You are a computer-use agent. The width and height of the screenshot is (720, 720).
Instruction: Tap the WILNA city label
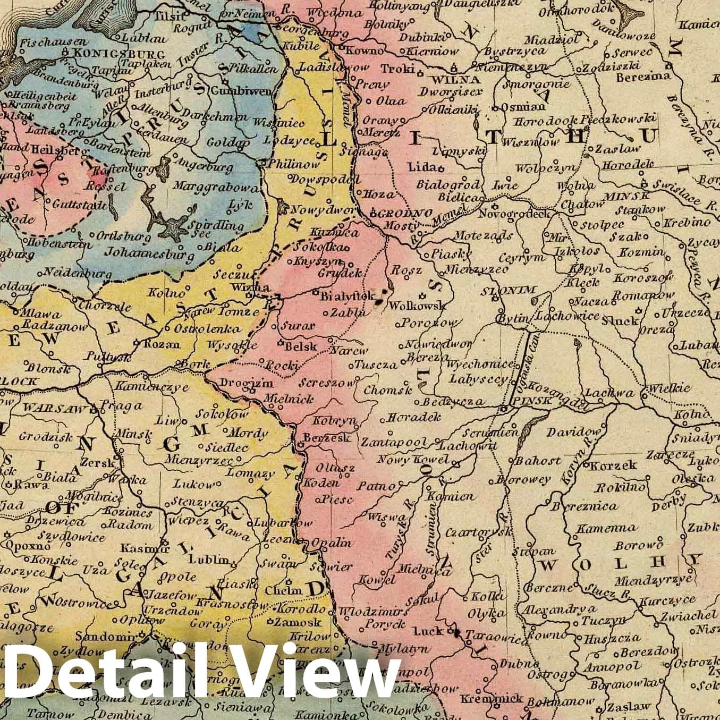pos(457,80)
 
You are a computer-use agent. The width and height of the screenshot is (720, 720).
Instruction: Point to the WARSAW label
pos(55,409)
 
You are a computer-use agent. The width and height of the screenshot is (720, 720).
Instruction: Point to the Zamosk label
pos(298,622)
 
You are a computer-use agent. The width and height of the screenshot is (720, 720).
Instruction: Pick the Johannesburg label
pos(149,254)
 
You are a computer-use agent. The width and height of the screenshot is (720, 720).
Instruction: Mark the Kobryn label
pos(334,420)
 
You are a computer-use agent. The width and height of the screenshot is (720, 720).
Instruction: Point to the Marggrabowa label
pos(215,188)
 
